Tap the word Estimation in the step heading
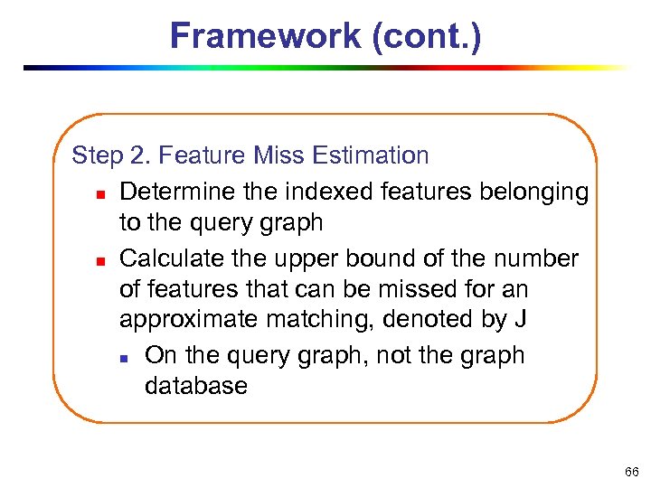coord(371,155)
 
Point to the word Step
coord(97,155)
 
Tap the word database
coord(195,387)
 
